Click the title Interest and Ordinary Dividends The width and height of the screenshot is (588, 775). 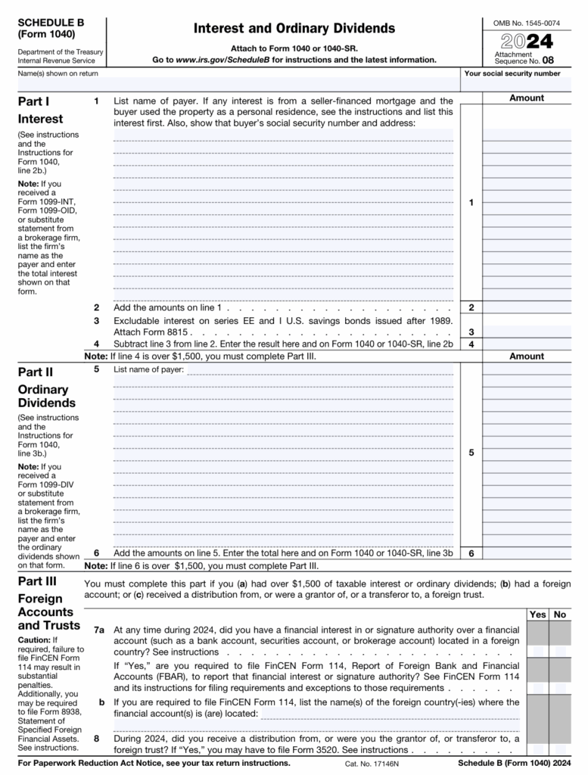pos(294,29)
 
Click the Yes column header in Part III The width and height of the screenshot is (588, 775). pos(538,615)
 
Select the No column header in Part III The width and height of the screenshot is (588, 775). pos(560,615)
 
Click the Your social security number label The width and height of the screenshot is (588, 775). pos(512,73)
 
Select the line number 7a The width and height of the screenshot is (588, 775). pos(99,630)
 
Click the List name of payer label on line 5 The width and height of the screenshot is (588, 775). pos(148,370)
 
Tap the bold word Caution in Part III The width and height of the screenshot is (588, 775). pos(33,640)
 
